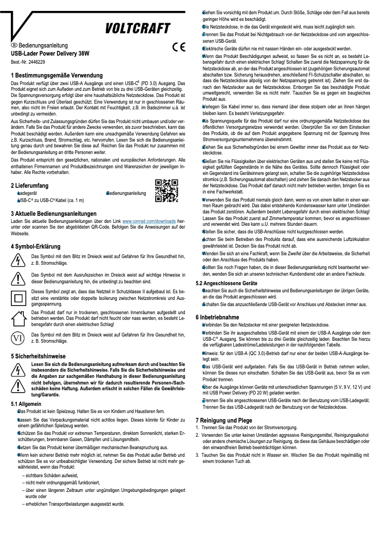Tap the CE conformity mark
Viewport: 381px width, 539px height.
point(178,48)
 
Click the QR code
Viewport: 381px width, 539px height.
point(167,190)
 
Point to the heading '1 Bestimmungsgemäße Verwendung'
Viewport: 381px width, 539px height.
point(57,76)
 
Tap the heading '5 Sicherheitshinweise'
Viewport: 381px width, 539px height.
point(38,356)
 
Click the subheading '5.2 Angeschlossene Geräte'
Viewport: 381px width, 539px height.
point(227,283)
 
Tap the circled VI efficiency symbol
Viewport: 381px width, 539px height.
point(18,338)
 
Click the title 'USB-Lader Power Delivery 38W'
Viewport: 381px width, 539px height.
point(50,54)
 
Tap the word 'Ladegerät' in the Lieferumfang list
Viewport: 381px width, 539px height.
point(27,194)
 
